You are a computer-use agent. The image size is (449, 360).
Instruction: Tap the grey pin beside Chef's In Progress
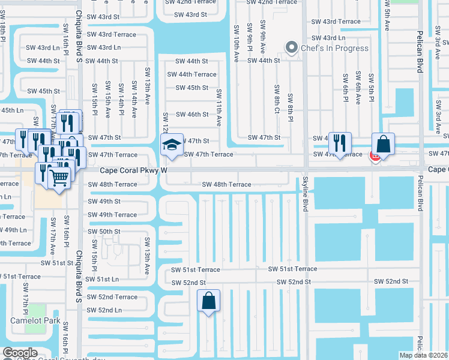click(x=292, y=47)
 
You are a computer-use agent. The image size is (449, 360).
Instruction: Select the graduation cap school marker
click(x=171, y=146)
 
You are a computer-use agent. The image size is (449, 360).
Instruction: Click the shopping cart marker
click(x=58, y=176)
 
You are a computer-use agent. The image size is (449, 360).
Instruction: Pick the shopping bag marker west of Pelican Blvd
click(x=384, y=145)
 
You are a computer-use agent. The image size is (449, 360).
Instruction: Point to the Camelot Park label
click(x=34, y=320)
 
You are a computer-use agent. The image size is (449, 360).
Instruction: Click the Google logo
click(x=20, y=353)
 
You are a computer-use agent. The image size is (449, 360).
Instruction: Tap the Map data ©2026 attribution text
click(x=423, y=355)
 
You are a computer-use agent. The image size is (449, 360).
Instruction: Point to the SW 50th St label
click(x=104, y=231)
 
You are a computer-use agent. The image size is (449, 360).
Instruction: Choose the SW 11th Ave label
click(x=219, y=107)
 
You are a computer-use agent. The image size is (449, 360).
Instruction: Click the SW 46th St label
click(x=191, y=115)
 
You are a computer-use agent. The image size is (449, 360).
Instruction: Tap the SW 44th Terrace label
click(x=191, y=74)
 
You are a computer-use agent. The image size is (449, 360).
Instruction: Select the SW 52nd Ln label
click(x=104, y=310)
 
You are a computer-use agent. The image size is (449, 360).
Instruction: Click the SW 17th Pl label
click(x=25, y=298)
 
